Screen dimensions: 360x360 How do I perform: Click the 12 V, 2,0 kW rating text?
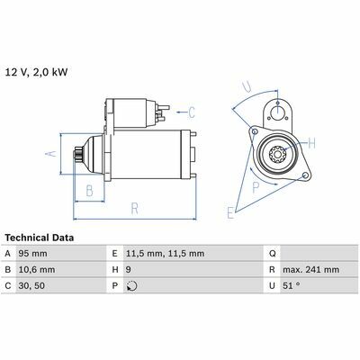[36, 73]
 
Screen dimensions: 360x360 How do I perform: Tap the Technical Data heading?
[40, 238]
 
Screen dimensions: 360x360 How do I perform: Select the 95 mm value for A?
[32, 254]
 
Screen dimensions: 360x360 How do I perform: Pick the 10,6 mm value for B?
[37, 270]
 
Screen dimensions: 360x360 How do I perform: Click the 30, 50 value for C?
[31, 286]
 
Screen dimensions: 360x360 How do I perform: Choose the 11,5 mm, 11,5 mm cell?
[165, 254]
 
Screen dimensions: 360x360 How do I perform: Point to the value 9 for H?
[129, 270]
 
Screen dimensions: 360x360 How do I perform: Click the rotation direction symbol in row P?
[131, 286]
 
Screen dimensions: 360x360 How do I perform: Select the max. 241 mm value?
[310, 270]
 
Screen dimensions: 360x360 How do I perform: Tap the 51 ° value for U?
[291, 285]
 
